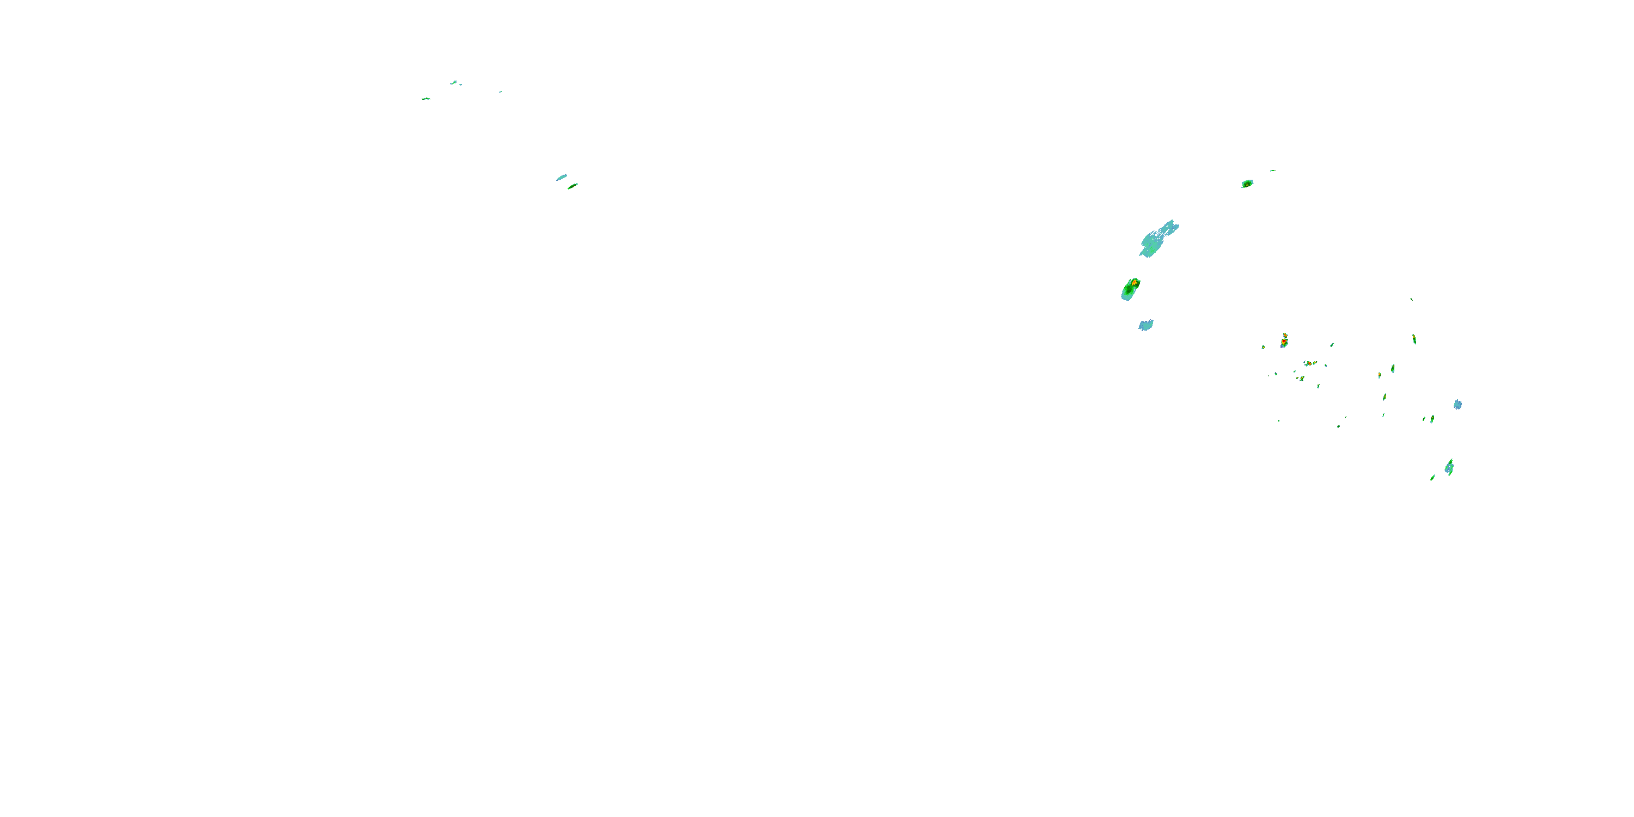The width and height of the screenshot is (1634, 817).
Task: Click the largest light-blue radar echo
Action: click(x=1156, y=240)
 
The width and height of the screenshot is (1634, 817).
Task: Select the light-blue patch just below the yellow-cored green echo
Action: click(x=1145, y=325)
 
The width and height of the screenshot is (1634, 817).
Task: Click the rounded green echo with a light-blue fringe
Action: click(x=1247, y=184)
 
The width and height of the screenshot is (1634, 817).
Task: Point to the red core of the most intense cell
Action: click(x=1283, y=342)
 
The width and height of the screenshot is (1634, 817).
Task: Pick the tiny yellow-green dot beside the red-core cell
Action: click(x=1263, y=347)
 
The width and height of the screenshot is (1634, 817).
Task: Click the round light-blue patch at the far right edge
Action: click(x=1458, y=405)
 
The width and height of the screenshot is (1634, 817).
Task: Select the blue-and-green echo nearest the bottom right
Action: click(x=1449, y=468)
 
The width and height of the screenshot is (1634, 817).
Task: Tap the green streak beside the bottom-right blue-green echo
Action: click(x=1432, y=478)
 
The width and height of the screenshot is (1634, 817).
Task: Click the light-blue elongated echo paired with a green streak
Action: click(x=562, y=178)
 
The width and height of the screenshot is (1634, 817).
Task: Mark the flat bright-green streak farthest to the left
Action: click(x=425, y=99)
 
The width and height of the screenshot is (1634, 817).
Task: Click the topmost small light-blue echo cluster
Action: click(x=454, y=82)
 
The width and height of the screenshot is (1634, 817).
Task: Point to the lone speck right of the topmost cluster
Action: click(x=500, y=92)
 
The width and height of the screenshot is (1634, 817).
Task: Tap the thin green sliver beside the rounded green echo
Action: click(x=1272, y=170)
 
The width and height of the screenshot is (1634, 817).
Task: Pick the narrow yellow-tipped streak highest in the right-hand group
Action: click(x=1414, y=339)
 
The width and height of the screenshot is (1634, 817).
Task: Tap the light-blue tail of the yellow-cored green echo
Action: click(x=1126, y=296)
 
